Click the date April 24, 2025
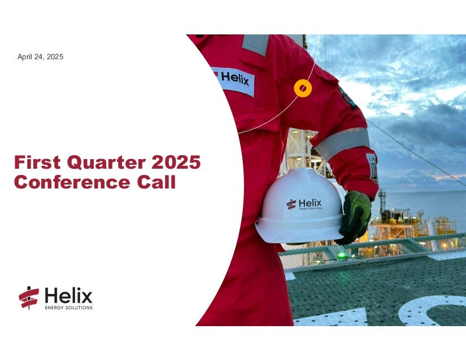click(x=41, y=56)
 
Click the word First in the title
click(x=37, y=162)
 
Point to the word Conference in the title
click(x=72, y=182)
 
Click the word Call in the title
click(x=156, y=182)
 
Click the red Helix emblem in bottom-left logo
click(x=29, y=298)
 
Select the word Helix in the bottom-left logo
click(x=68, y=296)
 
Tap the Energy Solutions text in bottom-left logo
click(x=69, y=308)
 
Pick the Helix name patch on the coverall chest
click(x=234, y=81)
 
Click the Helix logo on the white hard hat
click(x=304, y=204)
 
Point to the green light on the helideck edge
click(x=342, y=255)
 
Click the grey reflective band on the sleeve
click(x=343, y=143)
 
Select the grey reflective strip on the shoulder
click(x=256, y=45)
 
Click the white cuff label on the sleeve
click(x=372, y=166)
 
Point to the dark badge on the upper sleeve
click(x=347, y=98)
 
